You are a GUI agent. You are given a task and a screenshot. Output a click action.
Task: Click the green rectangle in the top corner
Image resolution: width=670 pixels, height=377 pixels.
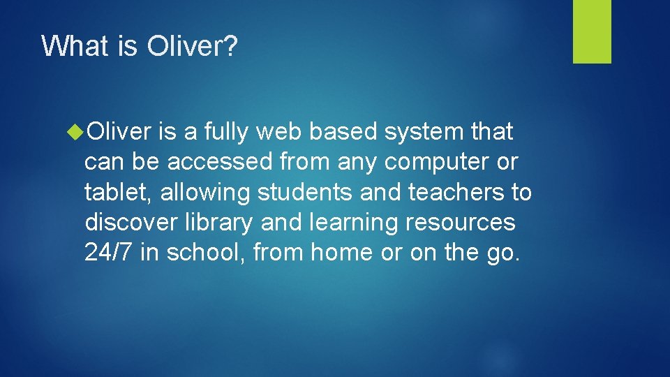(592, 31)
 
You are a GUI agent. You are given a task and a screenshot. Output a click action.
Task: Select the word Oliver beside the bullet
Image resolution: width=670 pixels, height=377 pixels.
(119, 131)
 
